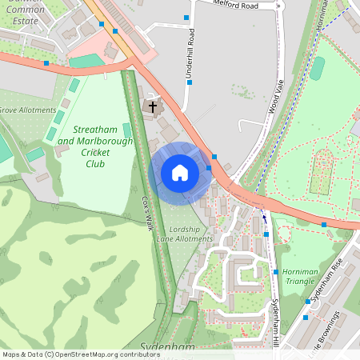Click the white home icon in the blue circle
pyautogui.click(x=180, y=173)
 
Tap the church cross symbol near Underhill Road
pyautogui.click(x=152, y=106)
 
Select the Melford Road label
pyautogui.click(x=237, y=5)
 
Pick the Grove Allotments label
pyautogui.click(x=28, y=110)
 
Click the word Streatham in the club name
pyautogui.click(x=95, y=129)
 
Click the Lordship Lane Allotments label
pyautogui.click(x=185, y=234)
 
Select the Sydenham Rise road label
pyautogui.click(x=327, y=280)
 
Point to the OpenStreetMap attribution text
pyautogui.click(x=70, y=354)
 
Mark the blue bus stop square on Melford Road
pyautogui.click(x=187, y=17)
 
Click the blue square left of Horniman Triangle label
pyautogui.click(x=275, y=272)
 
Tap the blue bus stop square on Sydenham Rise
pyautogui.click(x=307, y=302)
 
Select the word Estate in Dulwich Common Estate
pyautogui.click(x=23, y=20)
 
